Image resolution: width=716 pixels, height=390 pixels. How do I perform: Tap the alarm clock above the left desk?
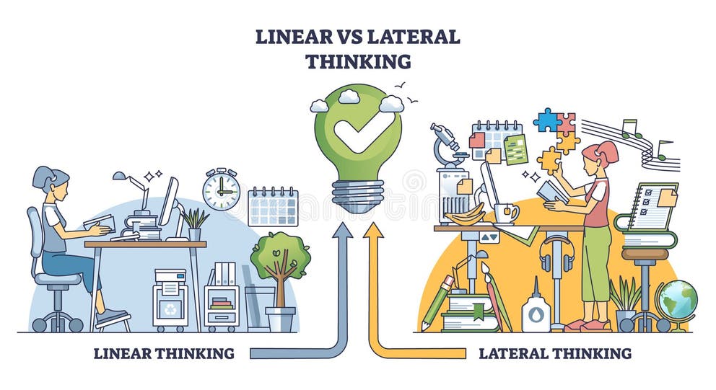tap(221, 190)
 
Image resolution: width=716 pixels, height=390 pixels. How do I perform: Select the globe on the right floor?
tap(676, 301)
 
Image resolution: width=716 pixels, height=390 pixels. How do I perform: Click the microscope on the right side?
tap(448, 145)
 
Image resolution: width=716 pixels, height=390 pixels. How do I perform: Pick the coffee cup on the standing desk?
tap(505, 213)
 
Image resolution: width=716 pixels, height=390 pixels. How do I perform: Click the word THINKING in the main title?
tap(357, 61)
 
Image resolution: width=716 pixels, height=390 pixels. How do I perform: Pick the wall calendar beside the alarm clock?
tap(273, 207)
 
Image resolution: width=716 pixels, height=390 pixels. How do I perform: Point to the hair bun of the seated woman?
tap(40, 174)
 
